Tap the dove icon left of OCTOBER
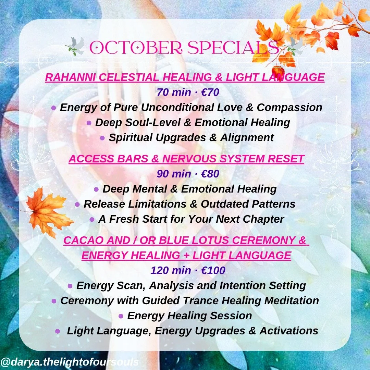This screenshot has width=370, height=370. point(75,46)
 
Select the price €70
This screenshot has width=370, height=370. point(209,92)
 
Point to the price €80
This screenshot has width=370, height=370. point(209,174)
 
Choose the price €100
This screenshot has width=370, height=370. point(213,270)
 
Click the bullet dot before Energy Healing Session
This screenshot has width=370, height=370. point(121,316)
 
